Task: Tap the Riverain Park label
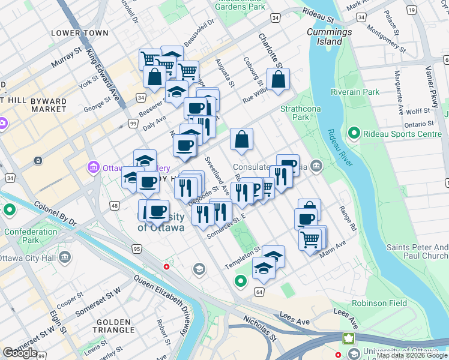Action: pos(355,92)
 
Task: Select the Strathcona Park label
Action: pos(294,113)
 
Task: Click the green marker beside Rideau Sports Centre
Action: pos(354,134)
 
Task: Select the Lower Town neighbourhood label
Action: pos(80,33)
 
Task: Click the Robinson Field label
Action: pos(379,303)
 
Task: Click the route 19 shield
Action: pos(412,10)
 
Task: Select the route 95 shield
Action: pos(137,249)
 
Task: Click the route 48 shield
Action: pos(113,206)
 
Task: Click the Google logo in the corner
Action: pos(20,352)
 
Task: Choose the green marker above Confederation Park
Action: pos(10,211)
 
